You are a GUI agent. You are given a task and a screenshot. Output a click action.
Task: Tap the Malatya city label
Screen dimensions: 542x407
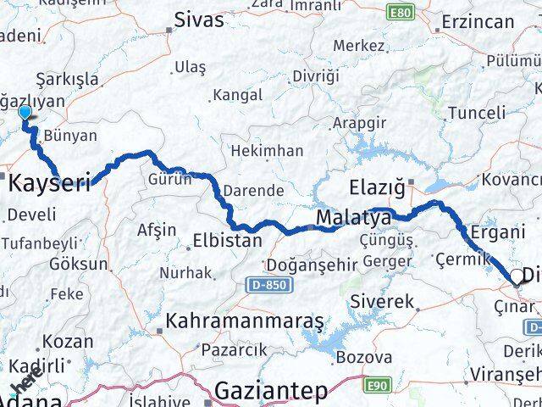coord(353,219)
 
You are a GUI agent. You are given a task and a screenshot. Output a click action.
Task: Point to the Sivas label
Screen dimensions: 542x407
coord(199,20)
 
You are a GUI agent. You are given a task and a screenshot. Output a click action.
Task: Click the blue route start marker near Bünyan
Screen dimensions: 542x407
coord(25,112)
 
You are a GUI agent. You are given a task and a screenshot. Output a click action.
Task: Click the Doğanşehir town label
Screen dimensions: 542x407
coord(311,265)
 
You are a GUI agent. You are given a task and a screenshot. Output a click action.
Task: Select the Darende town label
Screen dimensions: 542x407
coord(257,191)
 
